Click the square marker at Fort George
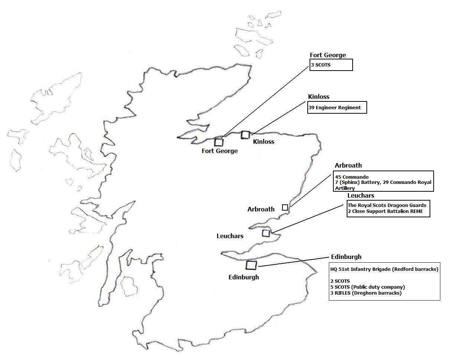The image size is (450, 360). (218, 142)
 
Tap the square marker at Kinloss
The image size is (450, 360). (245, 134)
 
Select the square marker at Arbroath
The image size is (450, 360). (285, 207)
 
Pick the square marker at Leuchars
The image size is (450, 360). (266, 233)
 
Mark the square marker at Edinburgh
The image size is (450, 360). (251, 265)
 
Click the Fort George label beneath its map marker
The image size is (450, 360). (220, 151)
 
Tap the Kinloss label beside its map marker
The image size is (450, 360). (263, 142)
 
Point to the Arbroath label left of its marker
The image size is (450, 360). (261, 209)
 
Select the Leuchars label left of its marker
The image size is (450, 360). (230, 236)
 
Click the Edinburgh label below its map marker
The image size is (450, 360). (243, 277)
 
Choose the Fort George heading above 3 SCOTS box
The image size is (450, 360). (328, 55)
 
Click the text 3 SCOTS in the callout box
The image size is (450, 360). (321, 65)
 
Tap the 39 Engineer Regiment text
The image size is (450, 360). (334, 108)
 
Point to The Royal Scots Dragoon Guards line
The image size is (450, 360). (387, 205)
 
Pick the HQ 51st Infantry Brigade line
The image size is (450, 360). (384, 269)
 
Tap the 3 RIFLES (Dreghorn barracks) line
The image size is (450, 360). (366, 293)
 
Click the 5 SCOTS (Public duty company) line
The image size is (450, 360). (367, 287)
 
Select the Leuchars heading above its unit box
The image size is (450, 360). (361, 195)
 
